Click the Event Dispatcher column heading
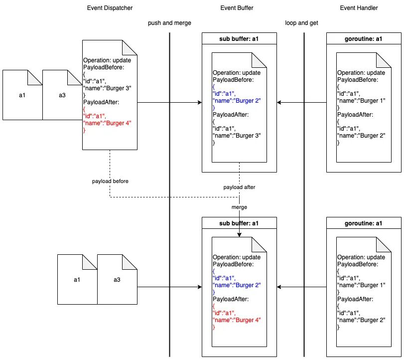pos(110,8)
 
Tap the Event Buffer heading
pos(237,8)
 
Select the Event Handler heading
pos(359,8)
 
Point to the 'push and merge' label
pos(169,23)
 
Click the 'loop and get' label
pos(301,23)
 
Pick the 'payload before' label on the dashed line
pos(110,181)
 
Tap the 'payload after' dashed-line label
pos(239,187)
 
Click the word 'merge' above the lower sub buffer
pos(239,207)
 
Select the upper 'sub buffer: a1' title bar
pos(239,39)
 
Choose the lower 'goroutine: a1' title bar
pos(364,223)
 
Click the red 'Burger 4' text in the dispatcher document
pos(119,123)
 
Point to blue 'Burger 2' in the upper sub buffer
pos(248,101)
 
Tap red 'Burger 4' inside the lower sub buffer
pos(248,320)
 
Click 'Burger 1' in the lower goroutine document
pos(373,285)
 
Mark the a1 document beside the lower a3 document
pos(77,280)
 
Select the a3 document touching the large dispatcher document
pos(62,95)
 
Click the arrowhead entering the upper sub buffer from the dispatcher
pos(200,103)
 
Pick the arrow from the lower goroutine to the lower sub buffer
pos(301,287)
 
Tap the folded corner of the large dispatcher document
pos(130,48)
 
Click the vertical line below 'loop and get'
pos(304,194)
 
